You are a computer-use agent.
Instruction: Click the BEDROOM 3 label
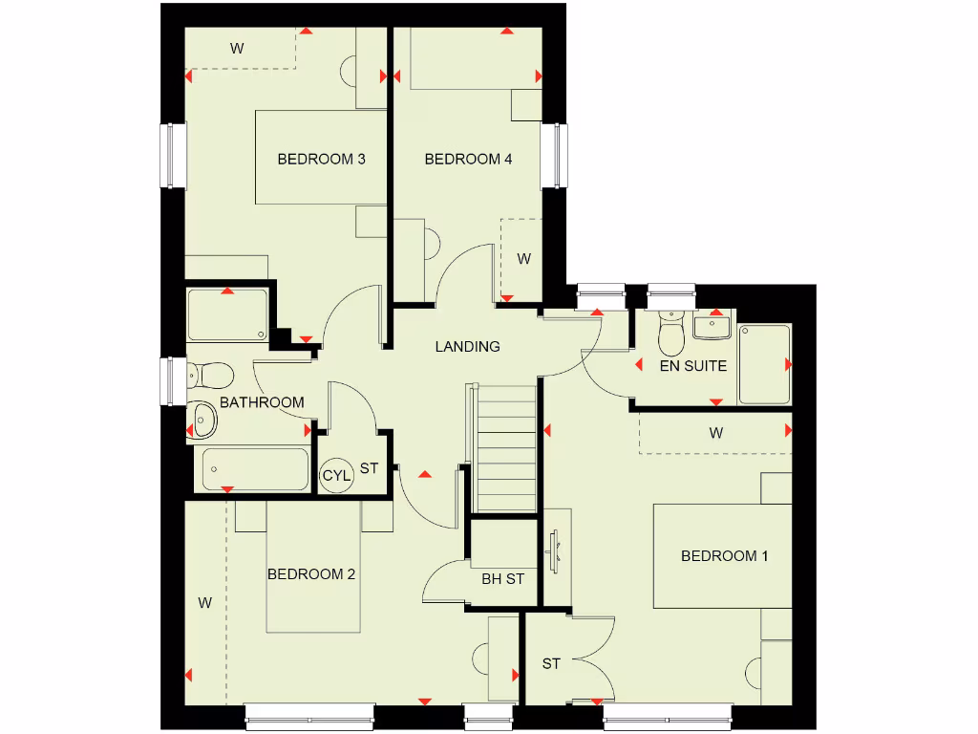pyautogui.click(x=321, y=159)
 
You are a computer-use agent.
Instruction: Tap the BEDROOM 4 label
pyautogui.click(x=468, y=159)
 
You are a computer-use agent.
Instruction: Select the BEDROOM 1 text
pyautogui.click(x=724, y=555)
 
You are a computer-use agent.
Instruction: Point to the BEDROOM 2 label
pyautogui.click(x=311, y=573)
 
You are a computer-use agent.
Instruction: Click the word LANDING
pyautogui.click(x=467, y=346)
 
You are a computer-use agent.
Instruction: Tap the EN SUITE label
pyautogui.click(x=693, y=365)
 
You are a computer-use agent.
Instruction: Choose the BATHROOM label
pyautogui.click(x=262, y=402)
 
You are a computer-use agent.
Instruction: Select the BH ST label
pyautogui.click(x=502, y=578)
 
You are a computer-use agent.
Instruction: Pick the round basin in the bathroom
pyautogui.click(x=203, y=417)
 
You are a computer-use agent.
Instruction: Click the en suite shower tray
pyautogui.click(x=764, y=363)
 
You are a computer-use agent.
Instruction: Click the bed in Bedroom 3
pyautogui.click(x=320, y=158)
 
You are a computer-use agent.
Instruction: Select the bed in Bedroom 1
pyautogui.click(x=723, y=555)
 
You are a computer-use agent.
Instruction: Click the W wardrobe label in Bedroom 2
pyautogui.click(x=204, y=602)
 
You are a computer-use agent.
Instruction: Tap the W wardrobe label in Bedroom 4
pyautogui.click(x=523, y=258)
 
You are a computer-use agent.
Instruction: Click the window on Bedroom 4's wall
pyautogui.click(x=552, y=157)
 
